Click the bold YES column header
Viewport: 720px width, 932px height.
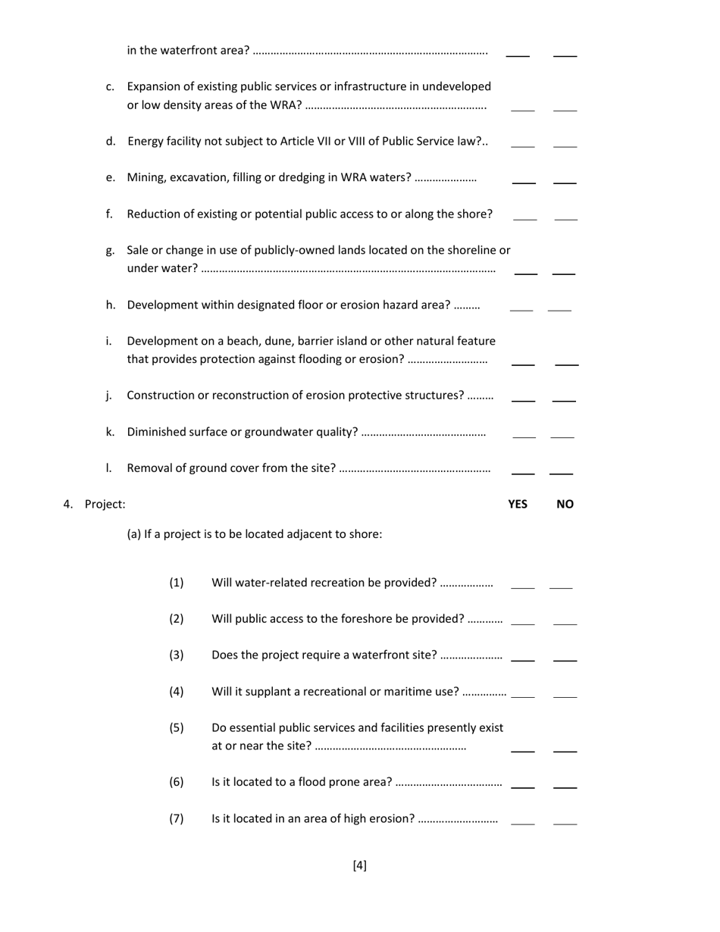tap(518, 505)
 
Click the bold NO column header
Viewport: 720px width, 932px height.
tap(565, 505)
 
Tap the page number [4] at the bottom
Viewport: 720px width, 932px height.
tap(360, 865)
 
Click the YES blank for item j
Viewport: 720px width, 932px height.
tap(523, 400)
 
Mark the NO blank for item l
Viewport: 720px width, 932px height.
tap(561, 473)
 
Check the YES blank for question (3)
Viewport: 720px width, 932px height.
tap(523, 660)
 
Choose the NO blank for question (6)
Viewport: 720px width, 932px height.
tap(565, 787)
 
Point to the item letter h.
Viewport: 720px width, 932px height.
tap(111, 305)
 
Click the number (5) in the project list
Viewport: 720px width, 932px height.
tap(177, 728)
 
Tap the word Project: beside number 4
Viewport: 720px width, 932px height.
tap(105, 505)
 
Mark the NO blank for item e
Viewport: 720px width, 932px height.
tap(565, 183)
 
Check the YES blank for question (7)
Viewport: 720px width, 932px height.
tap(523, 823)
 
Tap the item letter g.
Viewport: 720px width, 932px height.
tap(111, 251)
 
